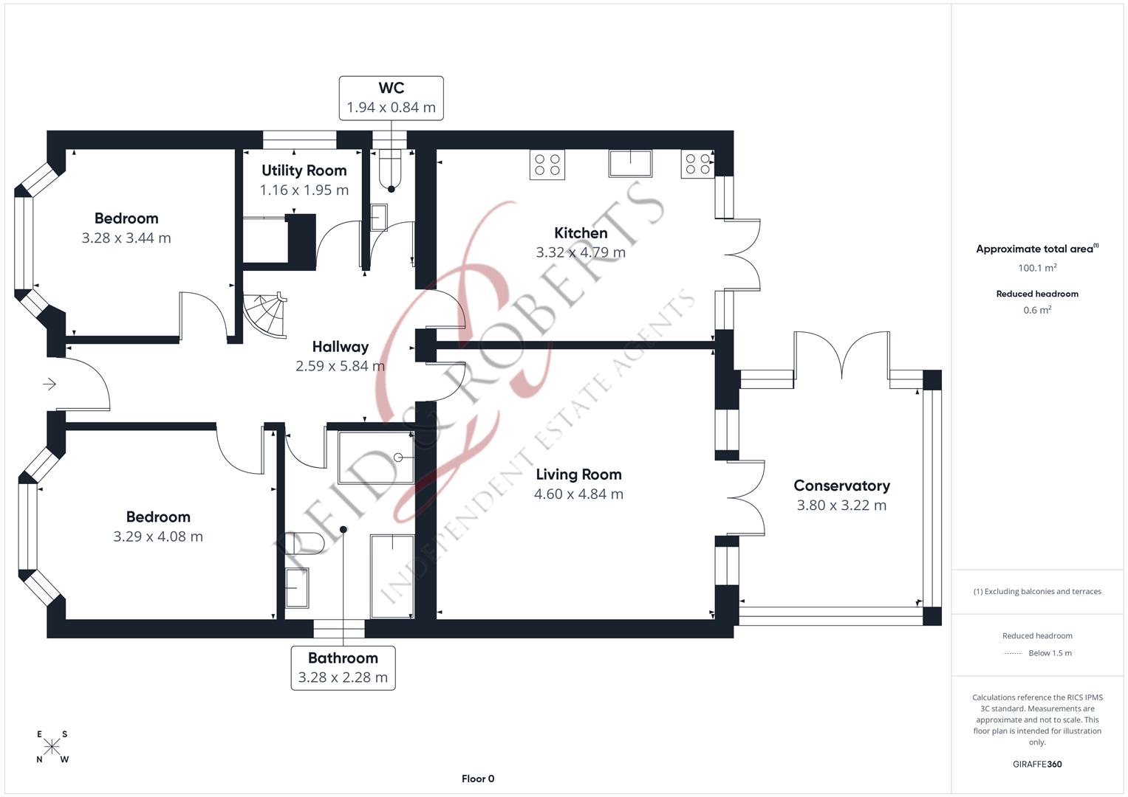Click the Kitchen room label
pos(581,233)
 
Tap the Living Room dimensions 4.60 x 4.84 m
pos(578,494)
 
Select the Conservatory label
pos(841,486)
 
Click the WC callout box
pos(391,97)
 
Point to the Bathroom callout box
pos(343,668)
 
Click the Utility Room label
pos(304,170)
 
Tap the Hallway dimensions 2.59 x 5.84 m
pos(340,366)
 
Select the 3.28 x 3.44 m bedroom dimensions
pos(126,238)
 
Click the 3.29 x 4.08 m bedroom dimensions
pos(157,536)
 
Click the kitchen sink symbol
pos(630,163)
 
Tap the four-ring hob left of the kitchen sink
pos(547,165)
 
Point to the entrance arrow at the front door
pos(49,384)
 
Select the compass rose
pos(52,747)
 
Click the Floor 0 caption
pos(478,779)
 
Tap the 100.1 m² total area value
pos(1037,268)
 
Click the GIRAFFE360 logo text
pos(1037,764)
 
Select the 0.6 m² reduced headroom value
pos(1037,310)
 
